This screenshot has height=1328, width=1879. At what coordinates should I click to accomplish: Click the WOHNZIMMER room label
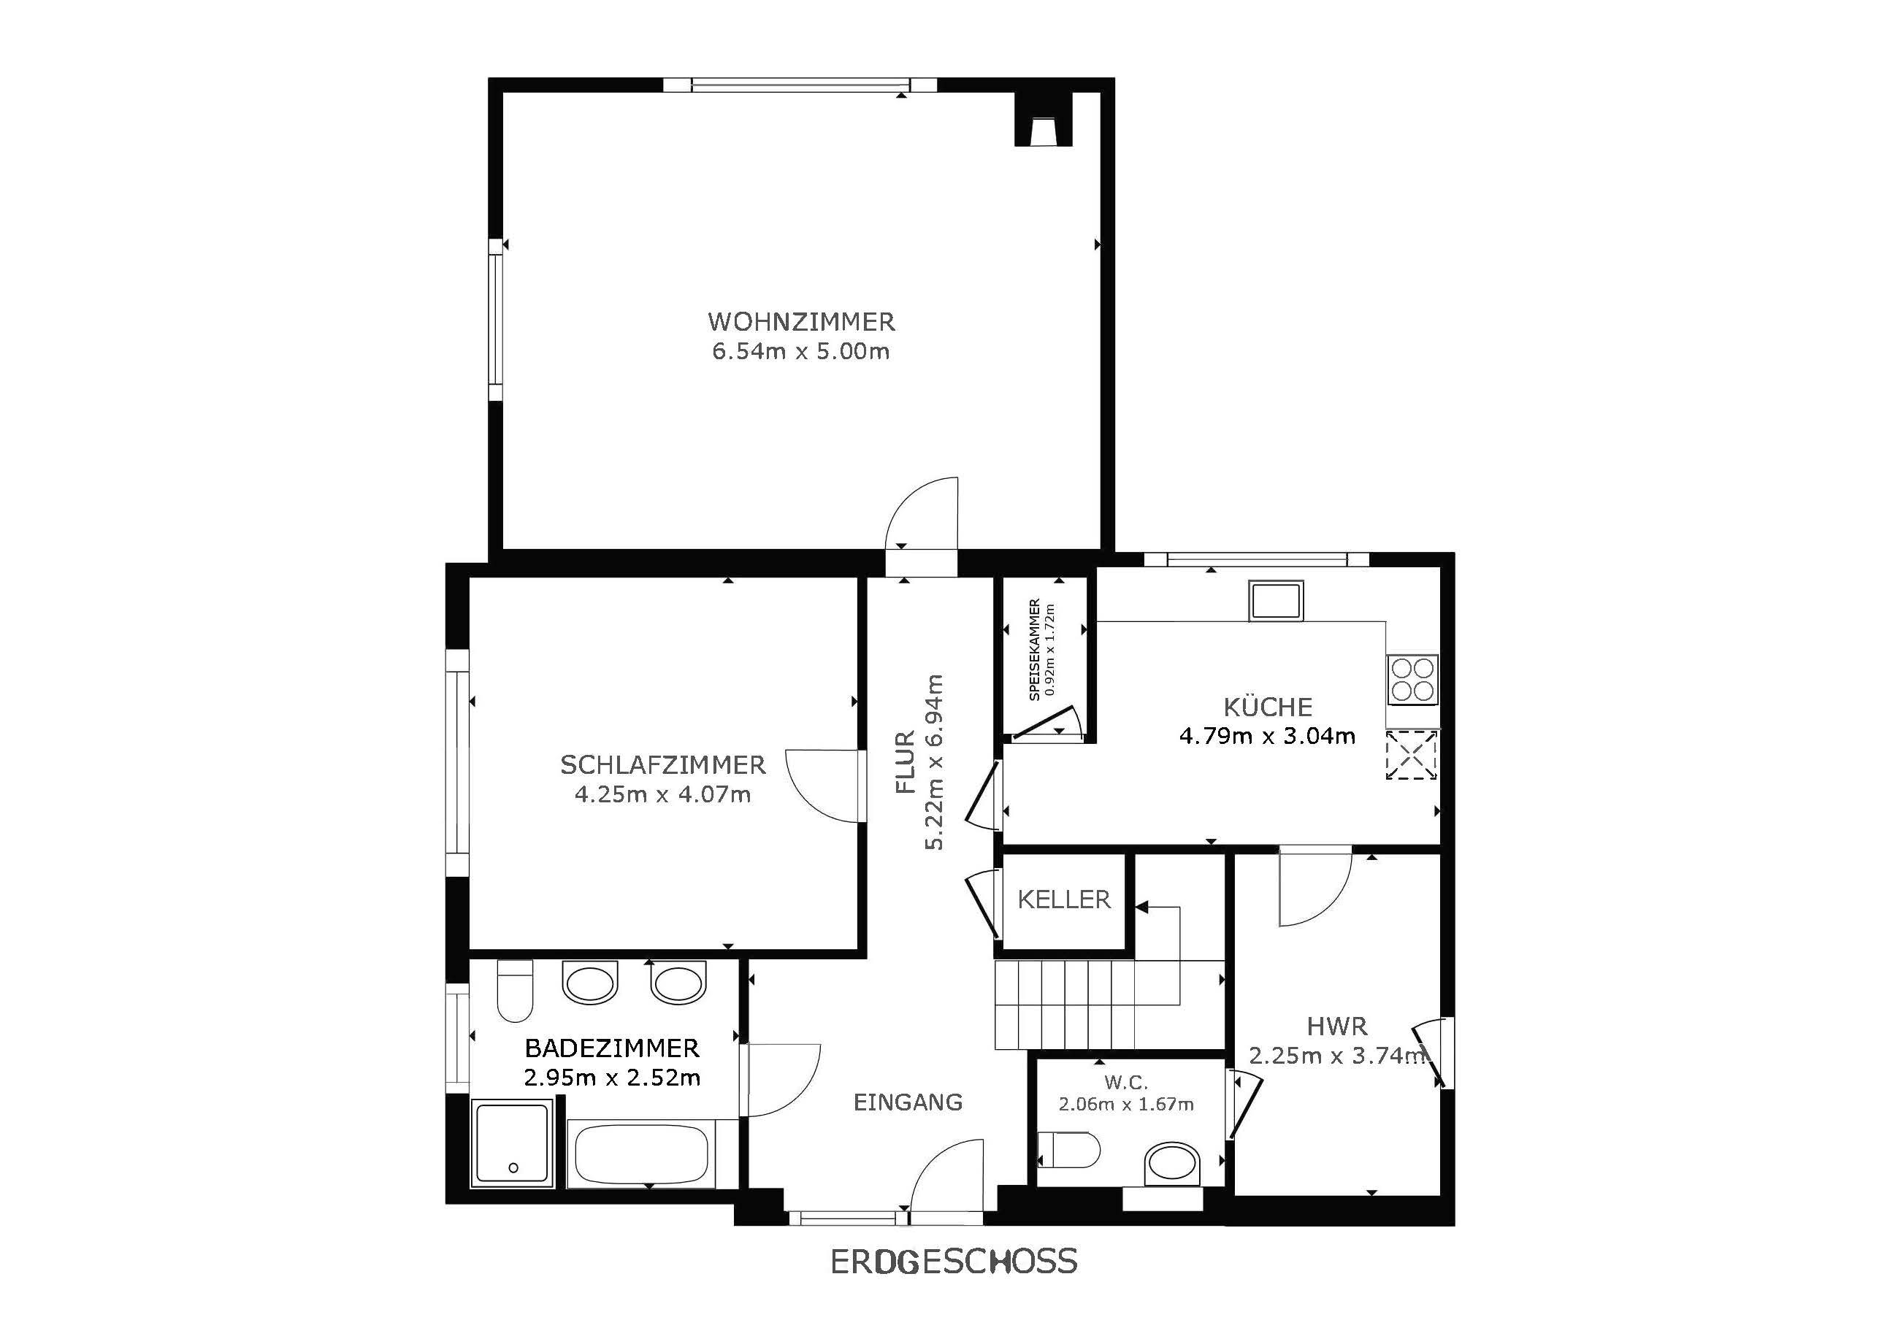801,321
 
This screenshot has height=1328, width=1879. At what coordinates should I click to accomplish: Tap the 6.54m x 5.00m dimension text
801,352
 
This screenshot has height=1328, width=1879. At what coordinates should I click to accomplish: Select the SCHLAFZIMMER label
663,765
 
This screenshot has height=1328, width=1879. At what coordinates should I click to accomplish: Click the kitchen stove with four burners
1412,678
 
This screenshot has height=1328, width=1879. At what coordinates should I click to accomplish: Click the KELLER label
1064,900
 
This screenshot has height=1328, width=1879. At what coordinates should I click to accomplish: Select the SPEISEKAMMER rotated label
1034,650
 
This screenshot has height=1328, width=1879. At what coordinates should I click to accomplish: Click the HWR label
1336,1026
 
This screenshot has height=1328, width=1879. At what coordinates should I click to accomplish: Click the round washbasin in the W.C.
1171,1164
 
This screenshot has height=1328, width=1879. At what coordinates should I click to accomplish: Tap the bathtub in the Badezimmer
640,1154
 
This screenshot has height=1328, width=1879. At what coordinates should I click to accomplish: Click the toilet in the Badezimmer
515,991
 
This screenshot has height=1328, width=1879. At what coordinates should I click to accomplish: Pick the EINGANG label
908,1102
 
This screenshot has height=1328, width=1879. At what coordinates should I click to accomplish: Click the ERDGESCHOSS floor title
954,1262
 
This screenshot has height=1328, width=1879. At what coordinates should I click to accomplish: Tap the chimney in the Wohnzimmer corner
1044,120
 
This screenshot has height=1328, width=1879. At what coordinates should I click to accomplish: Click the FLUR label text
904,763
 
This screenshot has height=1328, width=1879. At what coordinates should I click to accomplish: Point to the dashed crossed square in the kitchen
1412,754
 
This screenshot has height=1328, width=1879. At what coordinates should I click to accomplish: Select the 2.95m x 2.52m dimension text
612,1078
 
